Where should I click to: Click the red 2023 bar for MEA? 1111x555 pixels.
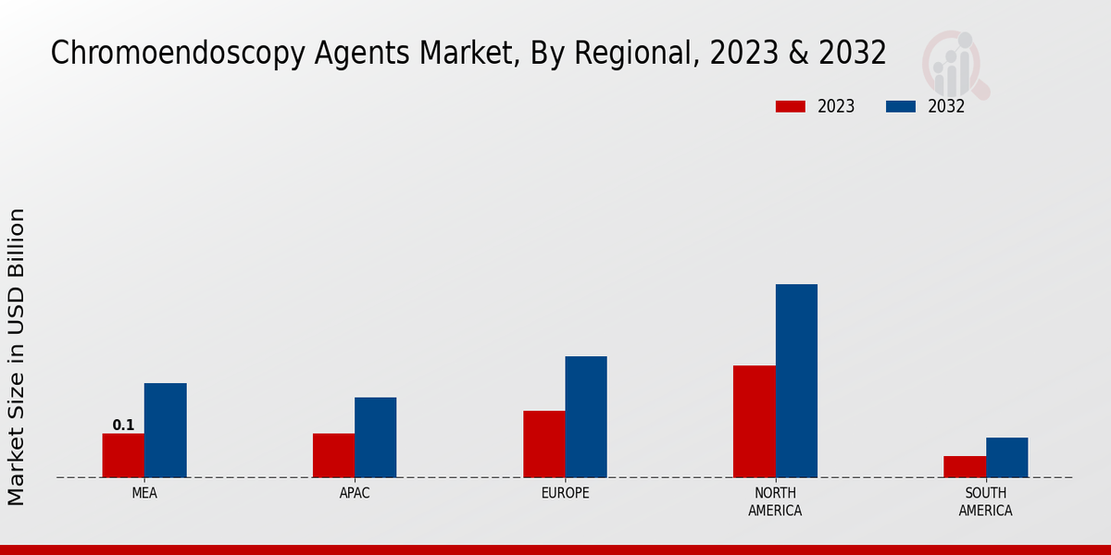tap(123, 455)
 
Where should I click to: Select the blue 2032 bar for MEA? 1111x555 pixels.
tap(165, 430)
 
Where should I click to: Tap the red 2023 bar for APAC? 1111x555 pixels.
tap(333, 455)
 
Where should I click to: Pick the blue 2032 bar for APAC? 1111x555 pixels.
tap(375, 438)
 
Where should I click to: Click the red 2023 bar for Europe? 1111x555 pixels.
tap(543, 444)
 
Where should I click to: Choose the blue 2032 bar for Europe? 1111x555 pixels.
tap(586, 417)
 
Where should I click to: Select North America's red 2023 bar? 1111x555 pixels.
tap(754, 422)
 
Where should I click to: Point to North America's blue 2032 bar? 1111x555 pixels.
tap(796, 381)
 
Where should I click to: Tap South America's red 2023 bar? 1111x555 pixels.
tap(965, 466)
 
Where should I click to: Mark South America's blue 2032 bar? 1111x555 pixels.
tap(1006, 458)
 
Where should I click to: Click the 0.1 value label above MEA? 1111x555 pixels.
tap(123, 425)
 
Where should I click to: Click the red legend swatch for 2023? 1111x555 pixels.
tap(790, 106)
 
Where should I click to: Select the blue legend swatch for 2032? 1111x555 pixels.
tap(900, 106)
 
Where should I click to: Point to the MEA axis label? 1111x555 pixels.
tap(144, 493)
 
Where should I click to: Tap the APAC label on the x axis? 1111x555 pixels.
tap(355, 493)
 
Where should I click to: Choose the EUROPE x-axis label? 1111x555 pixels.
tap(565, 493)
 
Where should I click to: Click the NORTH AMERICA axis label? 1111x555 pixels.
tap(776, 501)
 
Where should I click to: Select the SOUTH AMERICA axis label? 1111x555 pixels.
tap(985, 501)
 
